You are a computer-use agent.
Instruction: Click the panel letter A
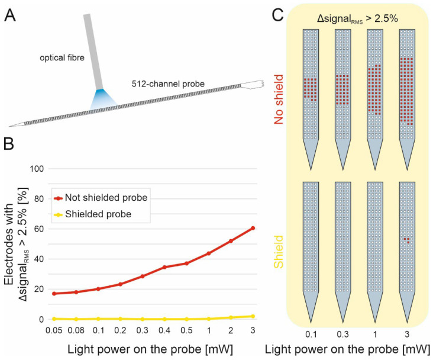10,15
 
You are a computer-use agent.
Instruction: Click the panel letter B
8,144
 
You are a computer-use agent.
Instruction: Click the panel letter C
277,15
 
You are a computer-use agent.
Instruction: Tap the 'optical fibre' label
62,58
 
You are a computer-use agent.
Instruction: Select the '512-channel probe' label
168,83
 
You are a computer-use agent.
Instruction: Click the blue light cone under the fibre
104,99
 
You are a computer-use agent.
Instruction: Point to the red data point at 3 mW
253,228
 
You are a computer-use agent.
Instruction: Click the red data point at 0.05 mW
54,293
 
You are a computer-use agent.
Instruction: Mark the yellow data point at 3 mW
253,316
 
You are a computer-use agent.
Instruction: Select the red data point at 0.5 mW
187,263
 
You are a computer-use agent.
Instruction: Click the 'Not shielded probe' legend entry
101,198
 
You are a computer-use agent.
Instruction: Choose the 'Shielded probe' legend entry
93,214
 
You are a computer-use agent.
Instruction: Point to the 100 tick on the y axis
37,169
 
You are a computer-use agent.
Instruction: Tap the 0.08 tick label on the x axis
76,330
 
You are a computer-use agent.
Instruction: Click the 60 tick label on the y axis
38,229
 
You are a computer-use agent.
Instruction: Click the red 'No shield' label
279,99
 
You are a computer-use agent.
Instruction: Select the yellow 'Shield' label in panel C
279,252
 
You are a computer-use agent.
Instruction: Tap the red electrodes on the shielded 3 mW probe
407,240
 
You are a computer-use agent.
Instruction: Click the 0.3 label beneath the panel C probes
342,335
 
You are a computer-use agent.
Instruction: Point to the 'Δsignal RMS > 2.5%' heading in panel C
357,19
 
